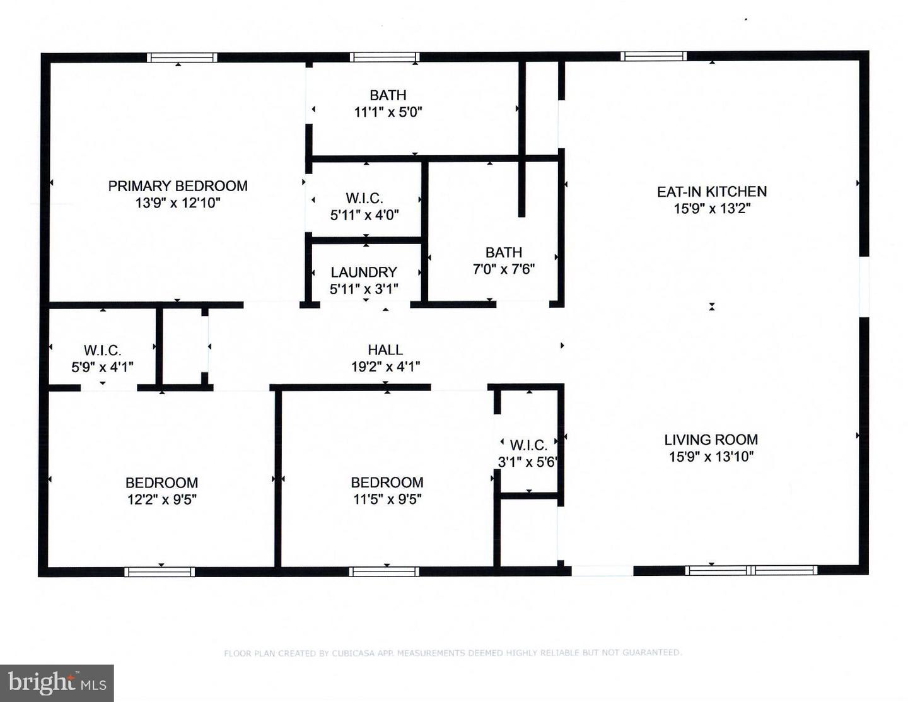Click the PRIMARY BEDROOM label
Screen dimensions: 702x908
point(178,186)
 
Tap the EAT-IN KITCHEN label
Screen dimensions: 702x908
point(712,192)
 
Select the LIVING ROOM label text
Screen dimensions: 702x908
point(711,440)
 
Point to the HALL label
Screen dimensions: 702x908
point(385,349)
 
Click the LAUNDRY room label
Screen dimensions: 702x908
point(364,272)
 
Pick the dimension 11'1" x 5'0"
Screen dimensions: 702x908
point(388,112)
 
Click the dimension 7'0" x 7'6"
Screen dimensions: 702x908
point(504,269)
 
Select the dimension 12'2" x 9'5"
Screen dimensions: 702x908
point(162,500)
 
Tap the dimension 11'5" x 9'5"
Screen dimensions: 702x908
point(387,500)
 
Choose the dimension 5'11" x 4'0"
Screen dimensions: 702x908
point(364,215)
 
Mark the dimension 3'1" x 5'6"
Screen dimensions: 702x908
point(527,462)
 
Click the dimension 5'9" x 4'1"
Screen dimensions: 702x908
point(102,367)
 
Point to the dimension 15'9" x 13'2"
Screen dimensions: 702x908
point(712,209)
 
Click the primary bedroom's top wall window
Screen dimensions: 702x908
point(182,57)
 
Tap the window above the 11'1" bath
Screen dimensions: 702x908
point(385,57)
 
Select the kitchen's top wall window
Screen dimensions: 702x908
point(653,56)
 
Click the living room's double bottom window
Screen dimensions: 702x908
point(751,570)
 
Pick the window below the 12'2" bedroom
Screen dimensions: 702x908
point(160,572)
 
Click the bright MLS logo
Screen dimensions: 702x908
point(57,683)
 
